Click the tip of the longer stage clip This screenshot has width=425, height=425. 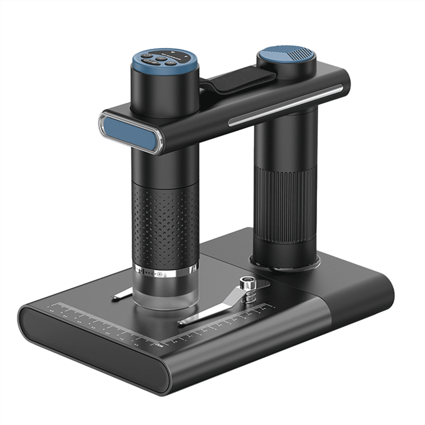tap(182, 322)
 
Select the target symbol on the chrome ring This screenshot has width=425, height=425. tap(160, 274)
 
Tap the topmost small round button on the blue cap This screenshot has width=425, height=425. tap(146, 55)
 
